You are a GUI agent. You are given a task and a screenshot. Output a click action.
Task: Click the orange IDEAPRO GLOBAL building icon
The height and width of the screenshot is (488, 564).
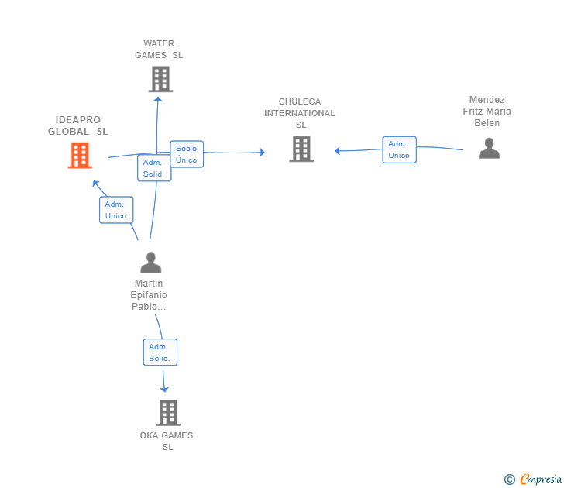point(80,156)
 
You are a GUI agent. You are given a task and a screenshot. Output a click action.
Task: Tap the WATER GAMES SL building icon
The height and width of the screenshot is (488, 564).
point(160,79)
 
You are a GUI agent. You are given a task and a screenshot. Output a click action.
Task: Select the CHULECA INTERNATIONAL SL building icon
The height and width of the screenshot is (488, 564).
point(301,149)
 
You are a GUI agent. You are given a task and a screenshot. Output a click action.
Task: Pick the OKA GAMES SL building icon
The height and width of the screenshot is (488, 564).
point(167,413)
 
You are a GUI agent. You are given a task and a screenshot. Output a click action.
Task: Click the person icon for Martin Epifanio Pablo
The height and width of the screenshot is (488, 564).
point(150,263)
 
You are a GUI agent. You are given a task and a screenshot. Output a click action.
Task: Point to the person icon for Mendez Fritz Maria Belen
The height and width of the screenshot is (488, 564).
point(488,148)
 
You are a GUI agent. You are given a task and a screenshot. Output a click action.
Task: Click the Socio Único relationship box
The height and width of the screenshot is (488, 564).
point(186,154)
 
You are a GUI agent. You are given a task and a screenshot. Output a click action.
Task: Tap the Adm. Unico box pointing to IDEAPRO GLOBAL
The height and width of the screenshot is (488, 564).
point(116,210)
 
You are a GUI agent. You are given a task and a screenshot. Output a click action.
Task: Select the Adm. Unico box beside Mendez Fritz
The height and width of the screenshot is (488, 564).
point(399,149)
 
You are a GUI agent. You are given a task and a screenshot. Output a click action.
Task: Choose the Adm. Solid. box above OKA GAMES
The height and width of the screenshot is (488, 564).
point(160,352)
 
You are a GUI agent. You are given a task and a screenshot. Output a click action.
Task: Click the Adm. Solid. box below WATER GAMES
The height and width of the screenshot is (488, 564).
point(153,168)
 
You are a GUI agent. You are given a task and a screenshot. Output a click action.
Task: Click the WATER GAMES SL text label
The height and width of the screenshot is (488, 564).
point(159,50)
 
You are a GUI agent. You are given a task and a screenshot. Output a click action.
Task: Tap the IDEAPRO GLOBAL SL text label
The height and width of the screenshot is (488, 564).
point(78,125)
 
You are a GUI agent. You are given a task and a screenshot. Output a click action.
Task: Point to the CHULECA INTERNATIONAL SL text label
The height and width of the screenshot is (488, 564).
point(300,113)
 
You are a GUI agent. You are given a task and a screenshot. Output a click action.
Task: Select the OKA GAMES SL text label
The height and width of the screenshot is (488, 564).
point(167,441)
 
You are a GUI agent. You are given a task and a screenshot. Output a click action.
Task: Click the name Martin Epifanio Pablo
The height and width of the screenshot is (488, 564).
point(150,295)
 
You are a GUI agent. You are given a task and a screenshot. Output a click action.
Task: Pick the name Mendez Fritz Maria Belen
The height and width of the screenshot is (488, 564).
point(487,112)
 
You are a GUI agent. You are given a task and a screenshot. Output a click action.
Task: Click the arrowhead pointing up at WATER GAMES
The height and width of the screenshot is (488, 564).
point(157,98)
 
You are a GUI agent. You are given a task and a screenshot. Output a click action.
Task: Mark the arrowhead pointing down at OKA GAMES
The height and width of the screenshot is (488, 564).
point(164,390)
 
